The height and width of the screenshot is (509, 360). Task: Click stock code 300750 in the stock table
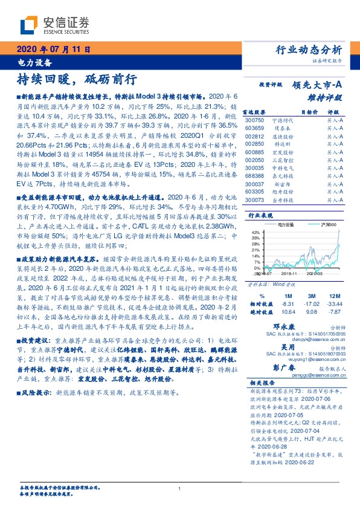[254, 121]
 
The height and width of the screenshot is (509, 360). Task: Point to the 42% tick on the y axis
[254, 232]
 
